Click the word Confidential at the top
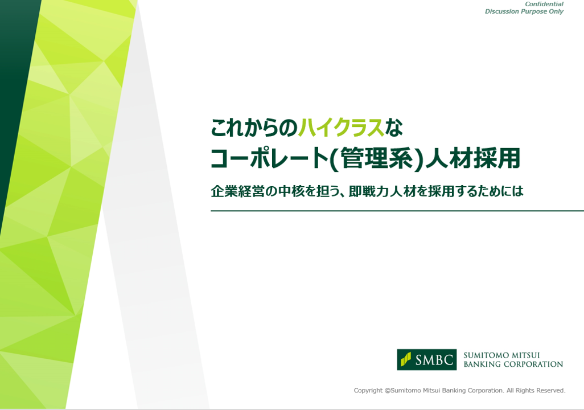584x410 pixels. click(544, 4)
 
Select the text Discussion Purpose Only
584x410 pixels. click(524, 11)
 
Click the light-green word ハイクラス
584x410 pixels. click(341, 128)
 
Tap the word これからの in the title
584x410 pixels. click(254, 128)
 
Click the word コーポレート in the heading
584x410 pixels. click(269, 158)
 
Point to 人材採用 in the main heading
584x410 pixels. click(472, 158)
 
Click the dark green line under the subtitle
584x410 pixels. click(397, 211)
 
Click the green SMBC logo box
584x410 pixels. click(427, 360)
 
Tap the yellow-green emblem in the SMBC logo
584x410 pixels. click(406, 359)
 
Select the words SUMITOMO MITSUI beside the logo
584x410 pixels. click(501, 355)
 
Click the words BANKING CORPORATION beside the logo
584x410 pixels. click(513, 364)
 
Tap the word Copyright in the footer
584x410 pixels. click(368, 391)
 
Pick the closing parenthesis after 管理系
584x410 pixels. click(419, 159)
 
